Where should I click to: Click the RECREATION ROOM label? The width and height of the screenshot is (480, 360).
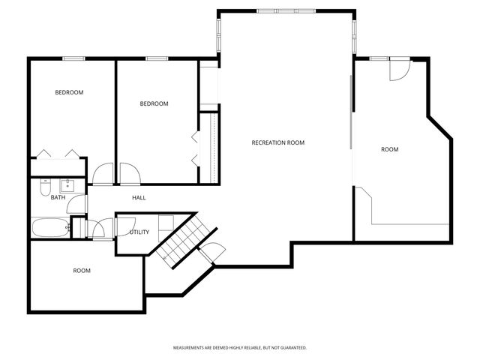click(277, 142)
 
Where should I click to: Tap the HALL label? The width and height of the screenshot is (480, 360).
click(139, 197)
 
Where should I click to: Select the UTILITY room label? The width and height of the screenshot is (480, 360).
click(139, 232)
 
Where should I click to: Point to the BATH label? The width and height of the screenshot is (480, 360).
click(58, 197)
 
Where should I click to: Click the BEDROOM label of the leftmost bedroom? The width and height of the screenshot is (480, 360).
click(69, 92)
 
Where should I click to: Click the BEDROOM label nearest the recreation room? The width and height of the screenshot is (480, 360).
click(154, 103)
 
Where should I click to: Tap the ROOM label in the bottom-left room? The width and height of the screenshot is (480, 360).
click(82, 270)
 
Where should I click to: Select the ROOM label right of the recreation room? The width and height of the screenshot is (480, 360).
click(389, 149)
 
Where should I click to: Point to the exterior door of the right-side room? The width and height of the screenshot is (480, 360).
click(398, 69)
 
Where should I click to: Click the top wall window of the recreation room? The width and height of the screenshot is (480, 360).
click(285, 11)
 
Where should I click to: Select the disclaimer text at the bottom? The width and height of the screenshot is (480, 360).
click(240, 348)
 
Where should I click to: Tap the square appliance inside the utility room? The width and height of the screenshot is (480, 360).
click(167, 222)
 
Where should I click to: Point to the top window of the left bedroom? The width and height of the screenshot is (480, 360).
click(73, 59)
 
